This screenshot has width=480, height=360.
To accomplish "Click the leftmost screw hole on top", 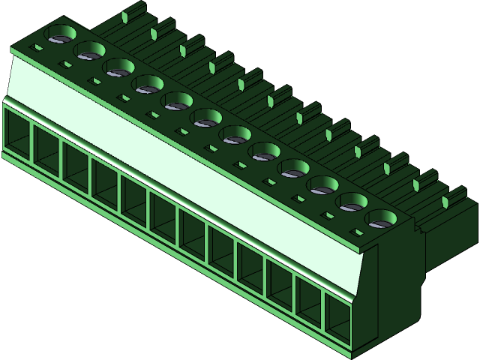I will coord(61,34).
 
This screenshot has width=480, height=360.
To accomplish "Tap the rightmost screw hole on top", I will coord(382,220).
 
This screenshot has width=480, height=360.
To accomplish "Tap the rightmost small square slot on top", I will coord(357,233).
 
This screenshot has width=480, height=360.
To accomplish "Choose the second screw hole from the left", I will coord(90,51).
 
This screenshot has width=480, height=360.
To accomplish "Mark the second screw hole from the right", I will coord(353,202).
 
